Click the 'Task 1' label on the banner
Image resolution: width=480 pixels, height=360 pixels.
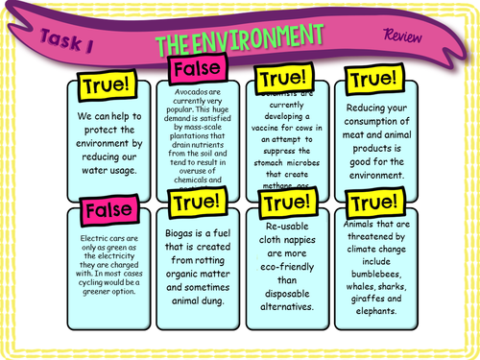pyautogui.click(x=67, y=40)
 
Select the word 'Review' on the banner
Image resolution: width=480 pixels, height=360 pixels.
pyautogui.click(x=400, y=36)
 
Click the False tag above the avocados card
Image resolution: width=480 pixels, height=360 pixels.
pyautogui.click(x=196, y=70)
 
